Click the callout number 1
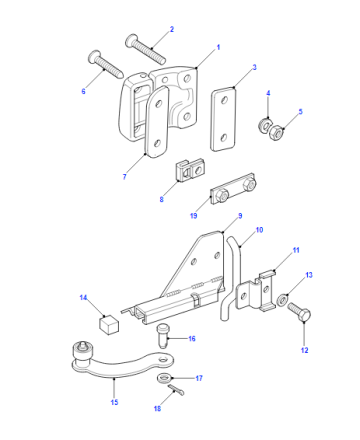pos(218,47)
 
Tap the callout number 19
pos(194,216)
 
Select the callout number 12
pos(304,350)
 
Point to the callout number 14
pos(83,297)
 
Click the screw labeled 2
pos(145,49)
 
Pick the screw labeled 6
pos(106,65)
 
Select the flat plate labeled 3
pos(223,119)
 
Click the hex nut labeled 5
pos(276,133)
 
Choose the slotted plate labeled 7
pos(157,121)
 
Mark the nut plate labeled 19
pos(233,189)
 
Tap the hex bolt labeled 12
pos(299,312)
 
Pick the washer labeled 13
pos(282,300)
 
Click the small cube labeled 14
pos(109,324)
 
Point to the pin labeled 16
pos(163,337)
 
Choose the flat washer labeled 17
pos(164,378)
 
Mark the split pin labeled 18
pos(176,390)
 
